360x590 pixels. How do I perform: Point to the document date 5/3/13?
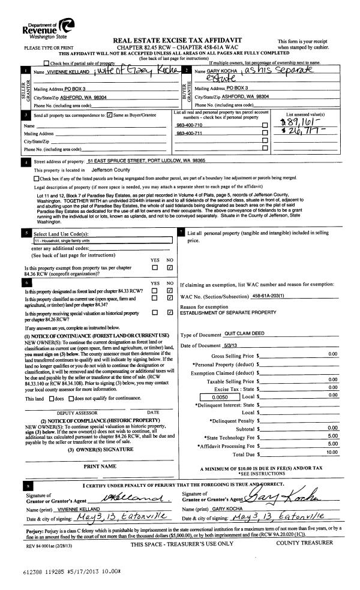pyautogui.click(x=232, y=346)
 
